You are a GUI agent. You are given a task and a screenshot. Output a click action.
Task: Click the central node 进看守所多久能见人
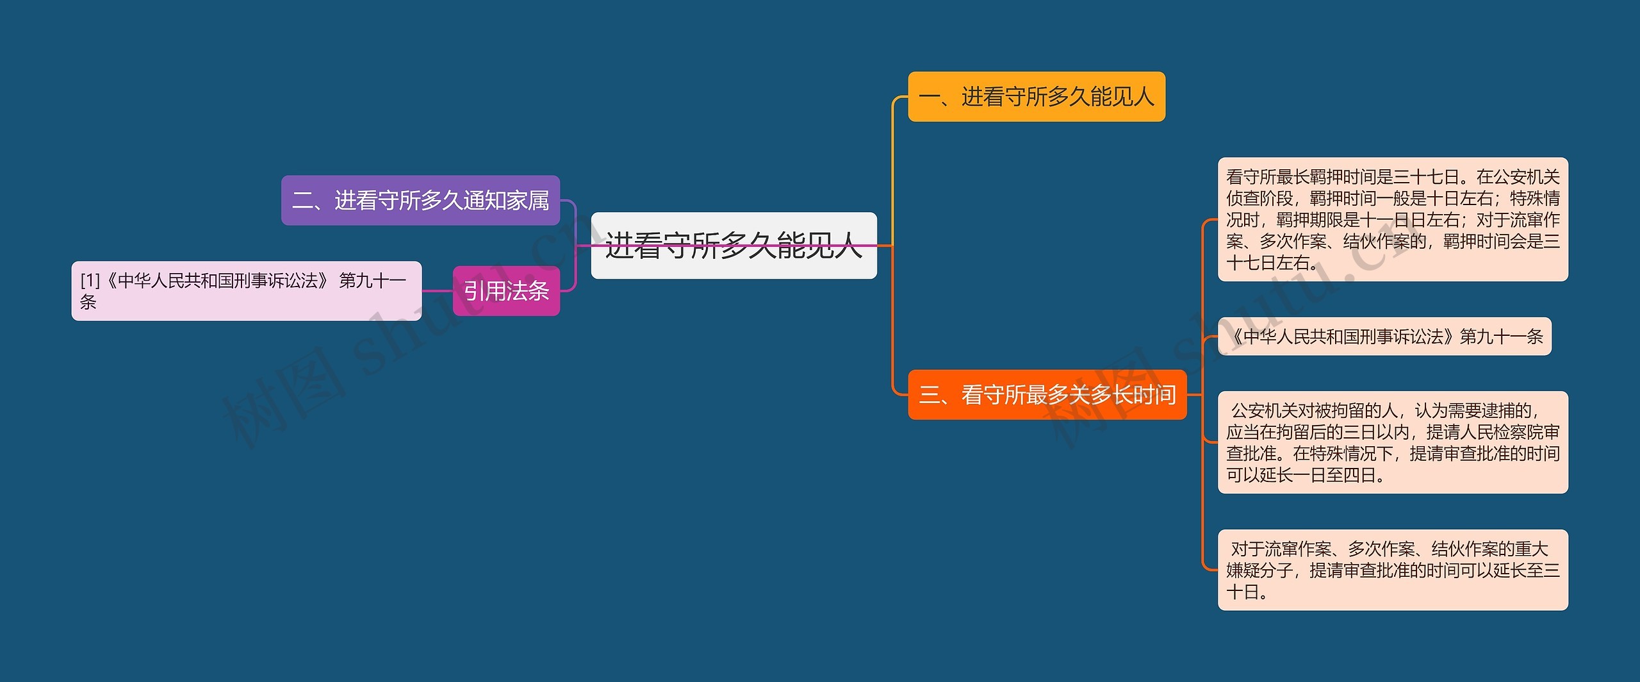coord(734,245)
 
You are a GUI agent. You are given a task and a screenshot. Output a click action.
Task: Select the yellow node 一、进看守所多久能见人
coord(1037,97)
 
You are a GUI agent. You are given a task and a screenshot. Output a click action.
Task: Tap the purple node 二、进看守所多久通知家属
coord(420,200)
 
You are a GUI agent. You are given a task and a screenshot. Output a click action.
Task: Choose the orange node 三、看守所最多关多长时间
coord(1047,395)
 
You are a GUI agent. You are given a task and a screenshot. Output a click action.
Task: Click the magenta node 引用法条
coord(506,291)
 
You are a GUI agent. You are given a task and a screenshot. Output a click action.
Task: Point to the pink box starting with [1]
coord(247,291)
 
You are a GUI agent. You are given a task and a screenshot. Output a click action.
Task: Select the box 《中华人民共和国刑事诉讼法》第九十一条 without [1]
coord(1384,337)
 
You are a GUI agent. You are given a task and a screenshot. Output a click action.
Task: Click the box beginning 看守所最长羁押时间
coord(1393,219)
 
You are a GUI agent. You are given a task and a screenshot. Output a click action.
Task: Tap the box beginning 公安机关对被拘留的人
coord(1393,442)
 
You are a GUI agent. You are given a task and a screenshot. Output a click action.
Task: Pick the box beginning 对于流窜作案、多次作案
coord(1393,570)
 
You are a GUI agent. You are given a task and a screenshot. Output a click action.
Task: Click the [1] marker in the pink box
coord(90,281)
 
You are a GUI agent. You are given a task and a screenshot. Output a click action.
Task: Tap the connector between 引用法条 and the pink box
coord(438,291)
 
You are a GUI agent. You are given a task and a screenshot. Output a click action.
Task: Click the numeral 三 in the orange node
coord(929,395)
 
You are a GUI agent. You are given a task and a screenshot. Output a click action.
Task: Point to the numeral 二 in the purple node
coord(302,201)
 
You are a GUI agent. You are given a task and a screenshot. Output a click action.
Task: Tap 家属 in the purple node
coord(528,201)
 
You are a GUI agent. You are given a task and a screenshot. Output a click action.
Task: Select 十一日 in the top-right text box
coord(1384,220)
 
